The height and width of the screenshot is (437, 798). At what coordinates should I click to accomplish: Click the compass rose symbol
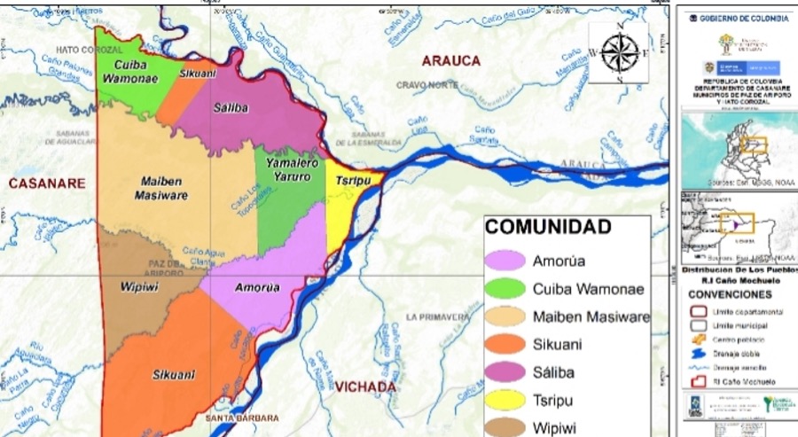click(619, 51)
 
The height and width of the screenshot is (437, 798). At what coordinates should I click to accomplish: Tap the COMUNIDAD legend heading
click(548, 227)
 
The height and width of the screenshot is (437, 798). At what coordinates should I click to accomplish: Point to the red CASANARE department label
click(47, 183)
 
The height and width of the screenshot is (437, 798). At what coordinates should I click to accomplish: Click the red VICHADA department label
click(364, 387)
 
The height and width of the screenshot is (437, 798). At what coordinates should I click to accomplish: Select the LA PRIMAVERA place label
click(436, 316)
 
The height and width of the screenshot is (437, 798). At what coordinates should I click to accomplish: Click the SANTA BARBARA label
click(242, 417)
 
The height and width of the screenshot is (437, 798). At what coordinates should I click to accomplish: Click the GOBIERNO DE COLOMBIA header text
click(743, 18)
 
